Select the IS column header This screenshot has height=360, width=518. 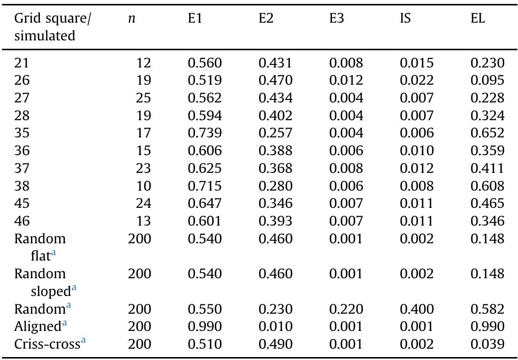click(x=405, y=20)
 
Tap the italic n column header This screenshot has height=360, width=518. click(x=131, y=20)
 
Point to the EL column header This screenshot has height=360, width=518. click(x=478, y=20)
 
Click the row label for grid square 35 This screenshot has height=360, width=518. click(x=22, y=133)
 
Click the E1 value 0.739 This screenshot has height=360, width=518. click(x=205, y=133)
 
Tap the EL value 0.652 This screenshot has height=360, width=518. click(x=487, y=133)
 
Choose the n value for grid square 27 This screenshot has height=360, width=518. click(x=143, y=98)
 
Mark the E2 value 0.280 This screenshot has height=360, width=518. click(x=276, y=186)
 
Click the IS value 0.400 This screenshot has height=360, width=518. click(x=417, y=309)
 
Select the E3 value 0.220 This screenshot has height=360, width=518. click(x=346, y=309)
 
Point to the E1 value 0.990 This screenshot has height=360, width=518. click(x=205, y=327)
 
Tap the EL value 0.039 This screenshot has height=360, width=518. click(x=487, y=344)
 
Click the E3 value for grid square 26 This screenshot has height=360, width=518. click(x=346, y=80)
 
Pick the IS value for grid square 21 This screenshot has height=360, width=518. click(x=417, y=63)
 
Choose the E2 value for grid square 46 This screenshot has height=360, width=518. click(x=276, y=221)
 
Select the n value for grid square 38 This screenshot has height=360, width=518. click(x=143, y=186)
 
